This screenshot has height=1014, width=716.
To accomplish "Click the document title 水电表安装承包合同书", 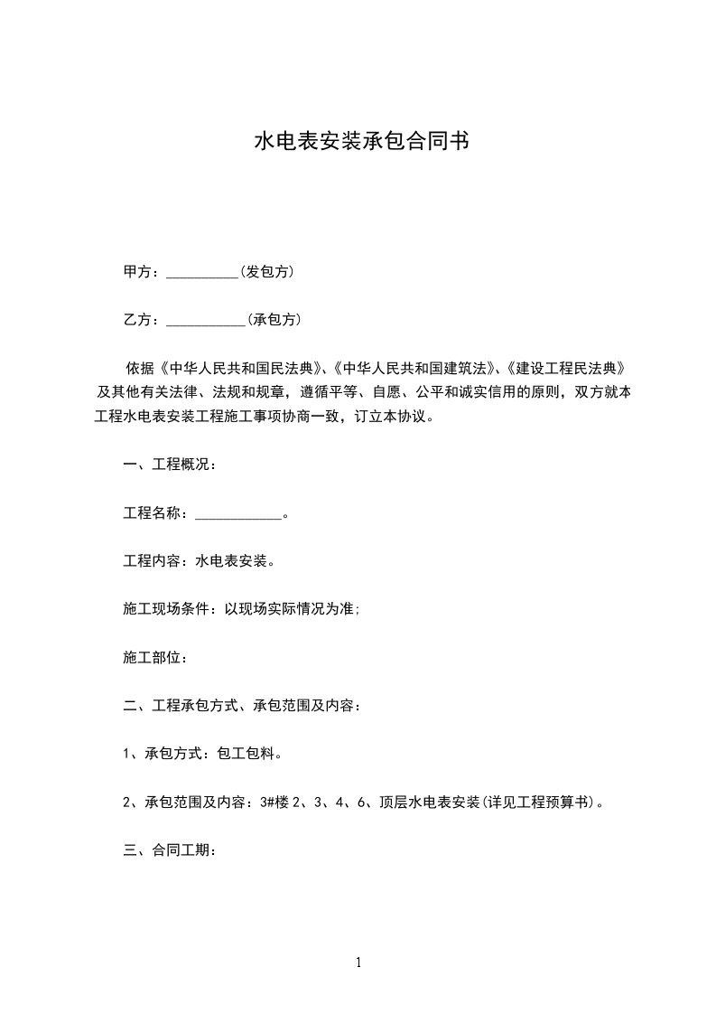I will [360, 142].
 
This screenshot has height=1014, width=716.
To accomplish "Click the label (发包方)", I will [267, 271].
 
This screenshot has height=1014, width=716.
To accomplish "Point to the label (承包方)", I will [274, 319].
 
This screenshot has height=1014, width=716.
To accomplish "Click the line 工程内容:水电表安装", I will [199, 560].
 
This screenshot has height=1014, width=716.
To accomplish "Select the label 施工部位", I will [154, 657].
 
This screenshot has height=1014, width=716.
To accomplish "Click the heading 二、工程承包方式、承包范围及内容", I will [242, 705].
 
